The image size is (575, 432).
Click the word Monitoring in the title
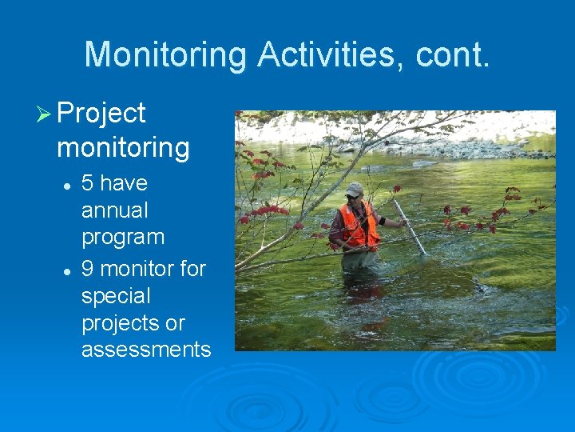[x=165, y=55]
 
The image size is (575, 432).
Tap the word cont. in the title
[x=461, y=55]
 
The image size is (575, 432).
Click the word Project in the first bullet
[x=101, y=114]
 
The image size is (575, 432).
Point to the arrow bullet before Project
[x=43, y=114]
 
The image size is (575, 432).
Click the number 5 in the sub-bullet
[x=88, y=183]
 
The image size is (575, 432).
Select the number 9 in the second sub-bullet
[x=88, y=269]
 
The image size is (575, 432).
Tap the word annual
[x=115, y=211]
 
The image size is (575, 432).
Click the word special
[x=116, y=297]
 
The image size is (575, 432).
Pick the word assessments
[x=146, y=350]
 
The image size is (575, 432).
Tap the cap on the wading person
[x=354, y=189]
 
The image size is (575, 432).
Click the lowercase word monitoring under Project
[x=123, y=148]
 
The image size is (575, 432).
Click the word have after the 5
[x=125, y=183]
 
